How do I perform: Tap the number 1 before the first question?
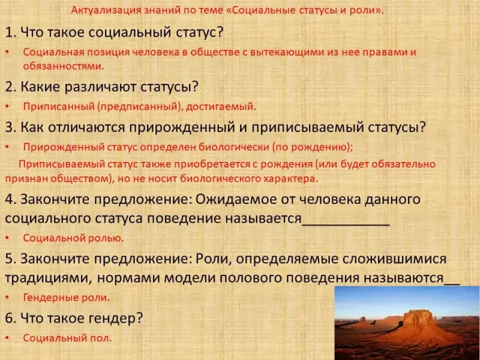(x=8, y=32)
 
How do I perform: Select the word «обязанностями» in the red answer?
(x=64, y=66)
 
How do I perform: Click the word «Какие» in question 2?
(x=39, y=86)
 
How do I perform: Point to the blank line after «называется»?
(x=346, y=225)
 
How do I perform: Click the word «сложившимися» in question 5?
(x=394, y=259)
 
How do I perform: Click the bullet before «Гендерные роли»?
(x=7, y=298)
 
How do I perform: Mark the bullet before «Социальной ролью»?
(x=7, y=238)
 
